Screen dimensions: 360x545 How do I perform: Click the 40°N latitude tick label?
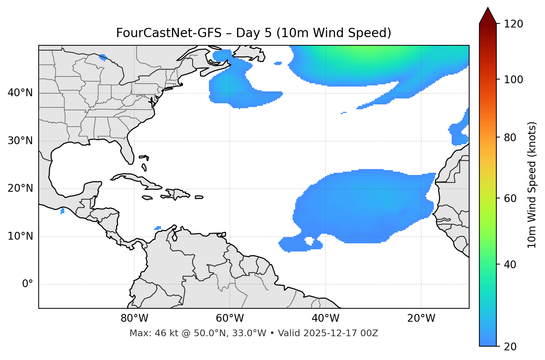pyautogui.click(x=20, y=93)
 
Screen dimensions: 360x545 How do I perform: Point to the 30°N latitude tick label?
pyautogui.click(x=20, y=141)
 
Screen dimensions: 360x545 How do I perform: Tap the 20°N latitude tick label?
pyautogui.click(x=20, y=189)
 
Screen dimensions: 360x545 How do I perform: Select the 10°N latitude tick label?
pyautogui.click(x=20, y=237)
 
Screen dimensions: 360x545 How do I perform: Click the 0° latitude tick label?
pyautogui.click(x=28, y=284)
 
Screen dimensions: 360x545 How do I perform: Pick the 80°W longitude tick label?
pyautogui.click(x=134, y=318)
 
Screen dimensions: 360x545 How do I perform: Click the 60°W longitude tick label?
pyautogui.click(x=230, y=318)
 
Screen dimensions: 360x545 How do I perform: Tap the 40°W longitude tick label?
pyautogui.click(x=325, y=318)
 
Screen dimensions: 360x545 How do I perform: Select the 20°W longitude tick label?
pyautogui.click(x=421, y=318)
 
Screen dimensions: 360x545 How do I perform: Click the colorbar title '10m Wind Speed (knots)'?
pyautogui.click(x=532, y=185)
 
